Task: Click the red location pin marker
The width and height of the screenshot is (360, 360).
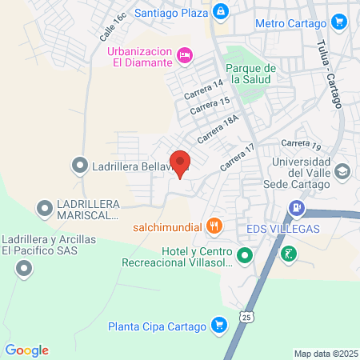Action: [180, 163]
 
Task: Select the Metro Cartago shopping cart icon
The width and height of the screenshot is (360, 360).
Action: [341, 23]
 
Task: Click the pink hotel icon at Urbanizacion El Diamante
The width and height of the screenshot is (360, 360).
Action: [185, 54]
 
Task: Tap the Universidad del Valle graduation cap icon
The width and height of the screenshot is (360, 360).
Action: [342, 171]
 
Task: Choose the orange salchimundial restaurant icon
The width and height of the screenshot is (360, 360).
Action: [214, 226]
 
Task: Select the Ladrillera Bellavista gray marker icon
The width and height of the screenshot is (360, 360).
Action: [79, 166]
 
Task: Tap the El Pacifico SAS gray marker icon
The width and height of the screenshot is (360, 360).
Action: [25, 269]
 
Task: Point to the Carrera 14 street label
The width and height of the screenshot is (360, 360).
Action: [203, 88]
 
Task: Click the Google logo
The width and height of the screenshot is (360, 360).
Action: [26, 350]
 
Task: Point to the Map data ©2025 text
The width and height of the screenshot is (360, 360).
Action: [326, 354]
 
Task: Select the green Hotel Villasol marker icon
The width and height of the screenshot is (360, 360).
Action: [246, 257]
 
